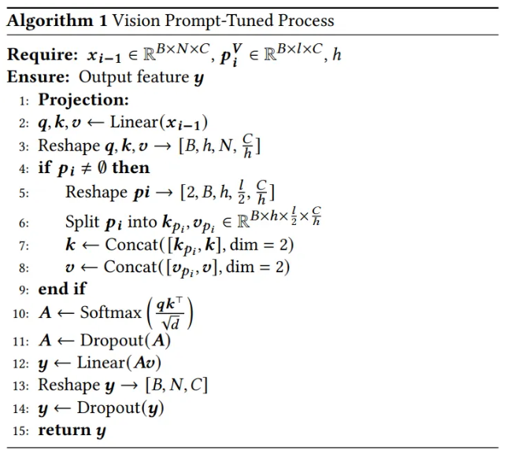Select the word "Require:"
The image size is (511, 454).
[x=39, y=56]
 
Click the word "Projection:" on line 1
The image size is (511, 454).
[x=83, y=100]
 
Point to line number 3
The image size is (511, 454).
[x=24, y=146]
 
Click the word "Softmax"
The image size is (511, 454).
[x=111, y=313]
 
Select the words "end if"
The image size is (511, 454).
[x=62, y=289]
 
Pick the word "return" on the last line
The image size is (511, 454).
[x=65, y=430]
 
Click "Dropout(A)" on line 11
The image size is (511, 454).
[x=124, y=341]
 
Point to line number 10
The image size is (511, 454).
[x=20, y=314]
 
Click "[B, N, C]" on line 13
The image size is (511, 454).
[x=176, y=385]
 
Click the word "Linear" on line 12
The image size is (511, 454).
[x=100, y=363]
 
